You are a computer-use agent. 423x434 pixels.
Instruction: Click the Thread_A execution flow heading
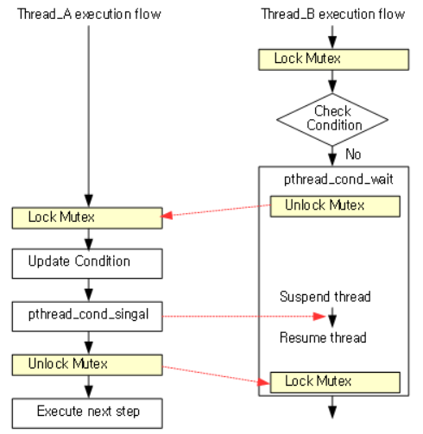(x=89, y=15)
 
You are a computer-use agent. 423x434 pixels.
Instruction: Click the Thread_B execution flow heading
(x=332, y=15)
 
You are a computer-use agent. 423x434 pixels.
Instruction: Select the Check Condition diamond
(x=332, y=119)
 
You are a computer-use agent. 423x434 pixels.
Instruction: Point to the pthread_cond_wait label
(x=331, y=179)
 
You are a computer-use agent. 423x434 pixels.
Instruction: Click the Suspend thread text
(x=325, y=297)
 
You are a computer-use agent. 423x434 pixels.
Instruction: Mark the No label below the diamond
(x=353, y=154)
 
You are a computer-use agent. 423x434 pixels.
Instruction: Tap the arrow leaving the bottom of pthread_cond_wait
(x=332, y=409)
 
